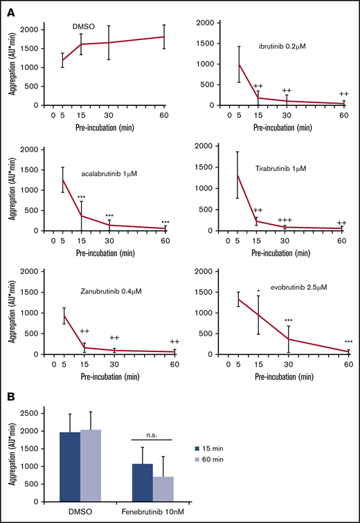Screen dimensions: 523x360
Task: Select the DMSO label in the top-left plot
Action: [x=84, y=27]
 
